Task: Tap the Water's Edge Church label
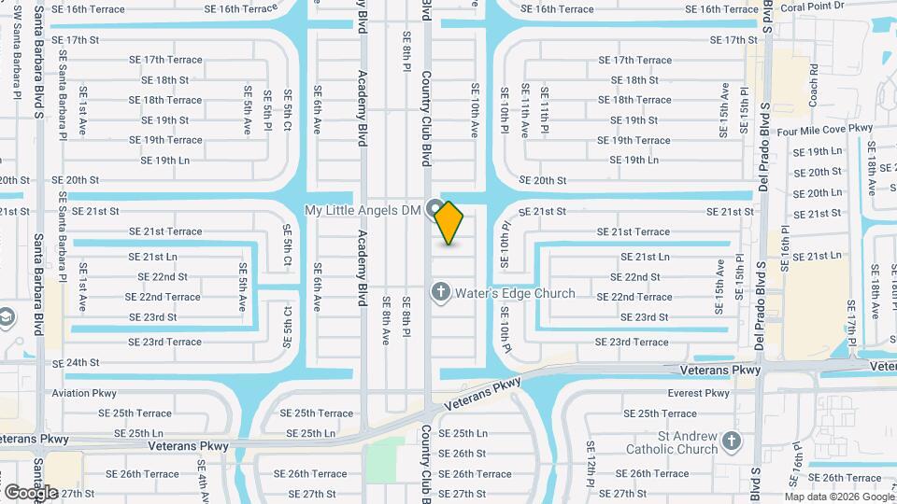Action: pyautogui.click(x=515, y=293)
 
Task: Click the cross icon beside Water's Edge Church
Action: pyautogui.click(x=440, y=293)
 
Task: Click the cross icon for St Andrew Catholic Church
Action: pyautogui.click(x=732, y=440)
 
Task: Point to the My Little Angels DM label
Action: pyautogui.click(x=364, y=210)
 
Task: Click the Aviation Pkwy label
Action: pyautogui.click(x=84, y=393)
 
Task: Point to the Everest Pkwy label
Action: pyautogui.click(x=699, y=393)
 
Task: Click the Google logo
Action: pyautogui.click(x=31, y=492)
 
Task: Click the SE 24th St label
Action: pyautogui.click(x=76, y=362)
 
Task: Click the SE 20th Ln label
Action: pyautogui.click(x=817, y=192)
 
